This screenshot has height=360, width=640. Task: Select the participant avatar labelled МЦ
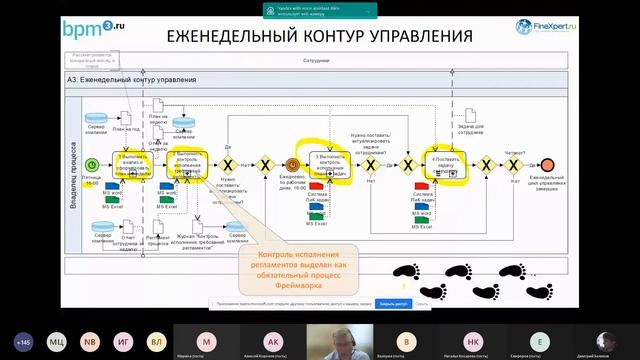click(56, 340)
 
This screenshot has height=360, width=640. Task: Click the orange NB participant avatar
click(90, 340)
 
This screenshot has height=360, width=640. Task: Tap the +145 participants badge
click(22, 340)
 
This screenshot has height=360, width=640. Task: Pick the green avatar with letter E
click(540, 340)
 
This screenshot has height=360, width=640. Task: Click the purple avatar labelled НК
click(473, 340)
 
